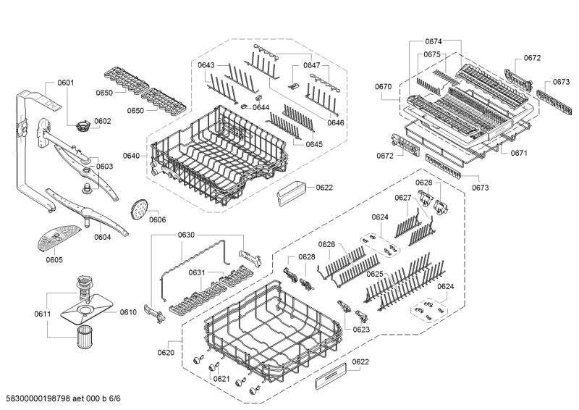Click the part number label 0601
tap(65, 83)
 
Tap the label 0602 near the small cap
tap(102, 121)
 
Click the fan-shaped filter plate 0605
tap(56, 235)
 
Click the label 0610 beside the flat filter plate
tap(128, 312)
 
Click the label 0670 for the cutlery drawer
tap(384, 87)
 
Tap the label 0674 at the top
tap(433, 42)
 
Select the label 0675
tap(433, 54)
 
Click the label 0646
tap(335, 123)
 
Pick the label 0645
tap(313, 144)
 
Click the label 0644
tap(261, 108)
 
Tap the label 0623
tap(361, 330)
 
